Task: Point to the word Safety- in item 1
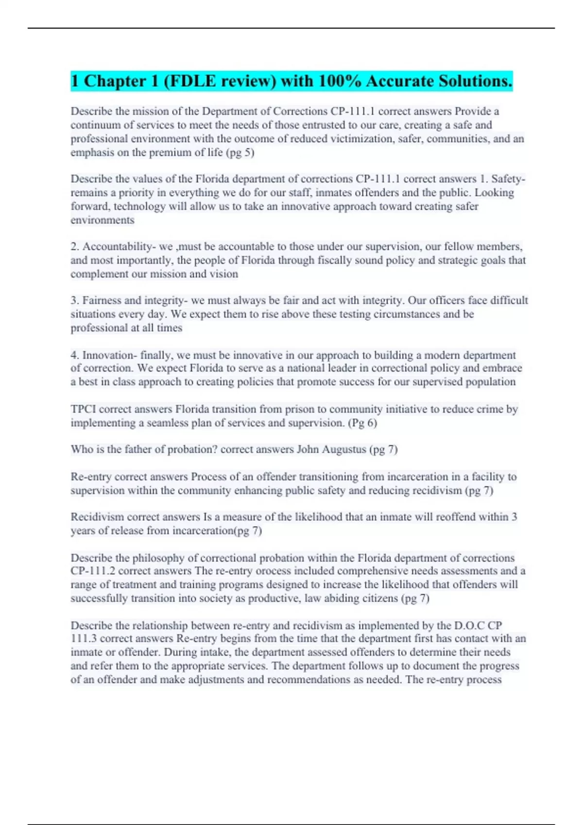click(x=508, y=179)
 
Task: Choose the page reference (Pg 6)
click(x=362, y=423)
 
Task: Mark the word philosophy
click(x=158, y=558)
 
